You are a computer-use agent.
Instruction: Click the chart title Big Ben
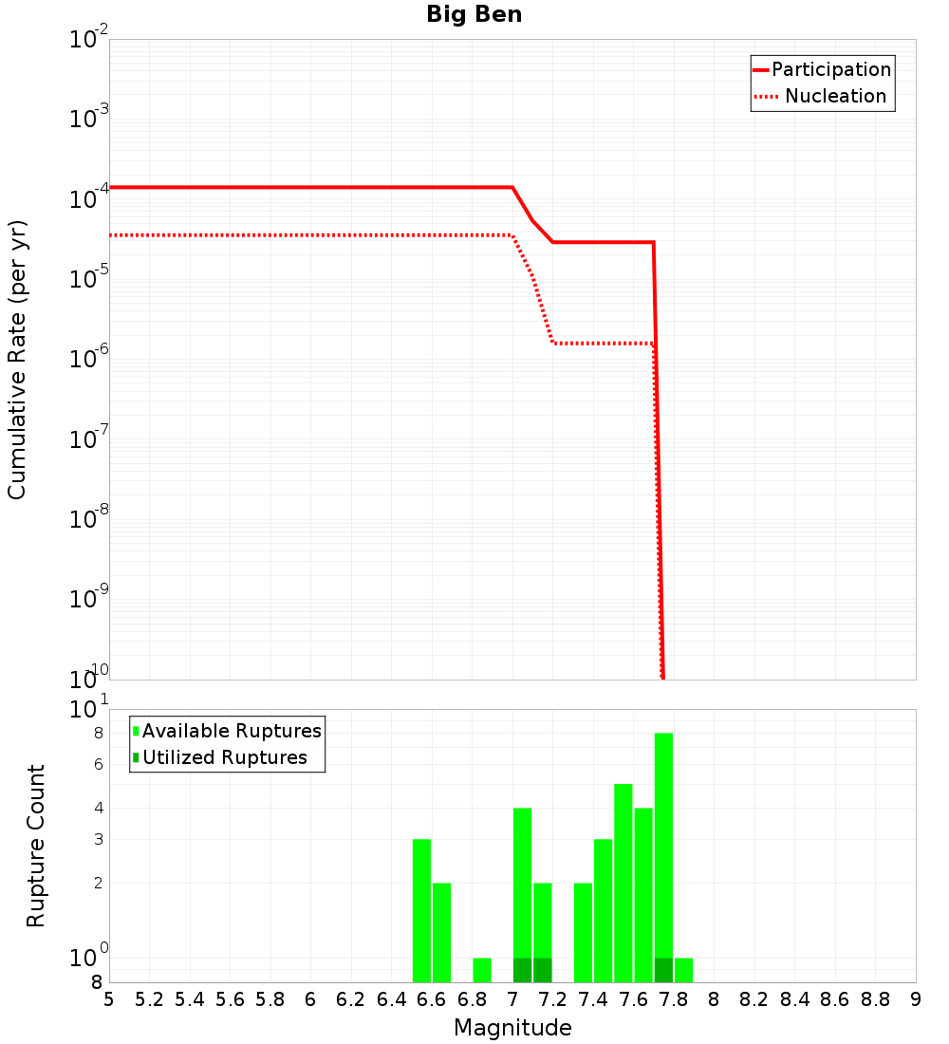pyautogui.click(x=474, y=14)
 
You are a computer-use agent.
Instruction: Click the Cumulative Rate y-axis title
pyautogui.click(x=17, y=359)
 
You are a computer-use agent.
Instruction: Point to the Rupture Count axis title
pyautogui.click(x=36, y=846)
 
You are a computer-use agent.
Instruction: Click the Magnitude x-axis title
pyautogui.click(x=512, y=1028)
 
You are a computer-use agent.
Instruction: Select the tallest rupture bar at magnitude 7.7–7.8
pyautogui.click(x=664, y=845)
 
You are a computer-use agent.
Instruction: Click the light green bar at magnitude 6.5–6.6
pyautogui.click(x=422, y=911)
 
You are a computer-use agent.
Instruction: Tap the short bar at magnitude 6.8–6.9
pyautogui.click(x=482, y=970)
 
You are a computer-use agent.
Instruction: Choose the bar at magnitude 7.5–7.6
pyautogui.click(x=623, y=883)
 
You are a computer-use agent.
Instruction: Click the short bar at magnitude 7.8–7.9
pyautogui.click(x=683, y=970)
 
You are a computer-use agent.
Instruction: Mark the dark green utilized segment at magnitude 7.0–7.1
pyautogui.click(x=522, y=970)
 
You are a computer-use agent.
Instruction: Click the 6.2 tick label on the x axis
pyautogui.click(x=351, y=998)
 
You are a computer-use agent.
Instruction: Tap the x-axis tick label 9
pyautogui.click(x=916, y=998)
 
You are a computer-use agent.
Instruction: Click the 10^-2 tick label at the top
pyautogui.click(x=89, y=40)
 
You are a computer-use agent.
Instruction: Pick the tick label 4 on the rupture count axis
pyautogui.click(x=98, y=808)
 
